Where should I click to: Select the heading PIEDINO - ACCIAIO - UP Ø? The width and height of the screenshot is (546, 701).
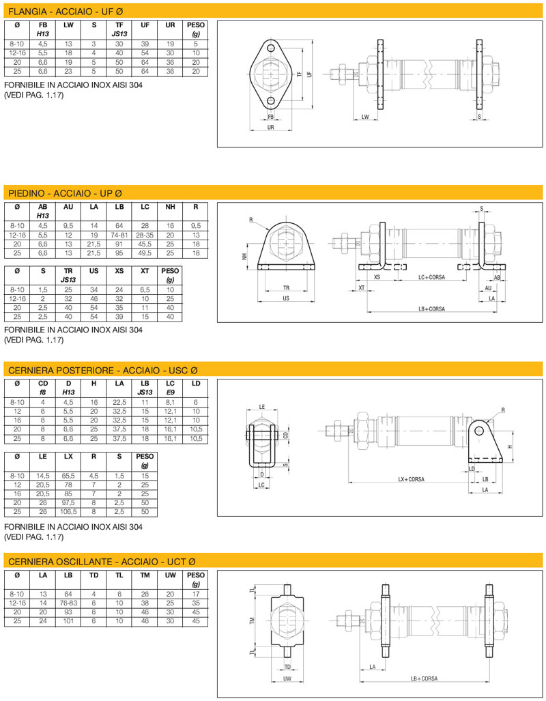[65, 193]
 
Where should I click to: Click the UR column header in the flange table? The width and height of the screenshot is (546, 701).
[171, 25]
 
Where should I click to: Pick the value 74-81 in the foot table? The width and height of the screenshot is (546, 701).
[119, 234]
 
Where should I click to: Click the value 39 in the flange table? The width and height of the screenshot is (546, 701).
[145, 44]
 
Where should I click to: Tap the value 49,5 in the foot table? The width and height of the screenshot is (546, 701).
[145, 253]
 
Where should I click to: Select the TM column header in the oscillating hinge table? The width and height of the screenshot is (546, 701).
[145, 576]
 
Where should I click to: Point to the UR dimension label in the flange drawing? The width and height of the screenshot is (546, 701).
[271, 128]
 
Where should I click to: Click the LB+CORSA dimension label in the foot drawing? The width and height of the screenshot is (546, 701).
[431, 309]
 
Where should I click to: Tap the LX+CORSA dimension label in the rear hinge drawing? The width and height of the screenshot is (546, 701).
[412, 479]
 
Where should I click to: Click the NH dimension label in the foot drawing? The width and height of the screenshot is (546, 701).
[243, 257]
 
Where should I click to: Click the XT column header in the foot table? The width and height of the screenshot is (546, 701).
[145, 271]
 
